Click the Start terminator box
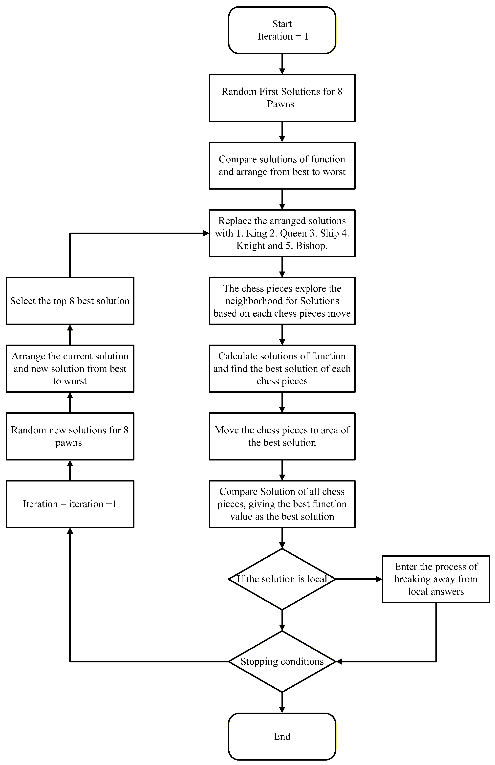tap(282, 30)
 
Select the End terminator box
tap(282, 736)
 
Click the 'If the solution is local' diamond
tap(282, 579)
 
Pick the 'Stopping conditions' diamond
tap(282, 661)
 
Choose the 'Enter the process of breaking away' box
tap(436, 579)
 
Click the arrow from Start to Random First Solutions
tap(282, 64)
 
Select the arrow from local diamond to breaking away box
tap(359, 579)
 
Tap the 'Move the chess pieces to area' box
tap(282, 437)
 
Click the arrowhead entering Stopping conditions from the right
tap(339, 661)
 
